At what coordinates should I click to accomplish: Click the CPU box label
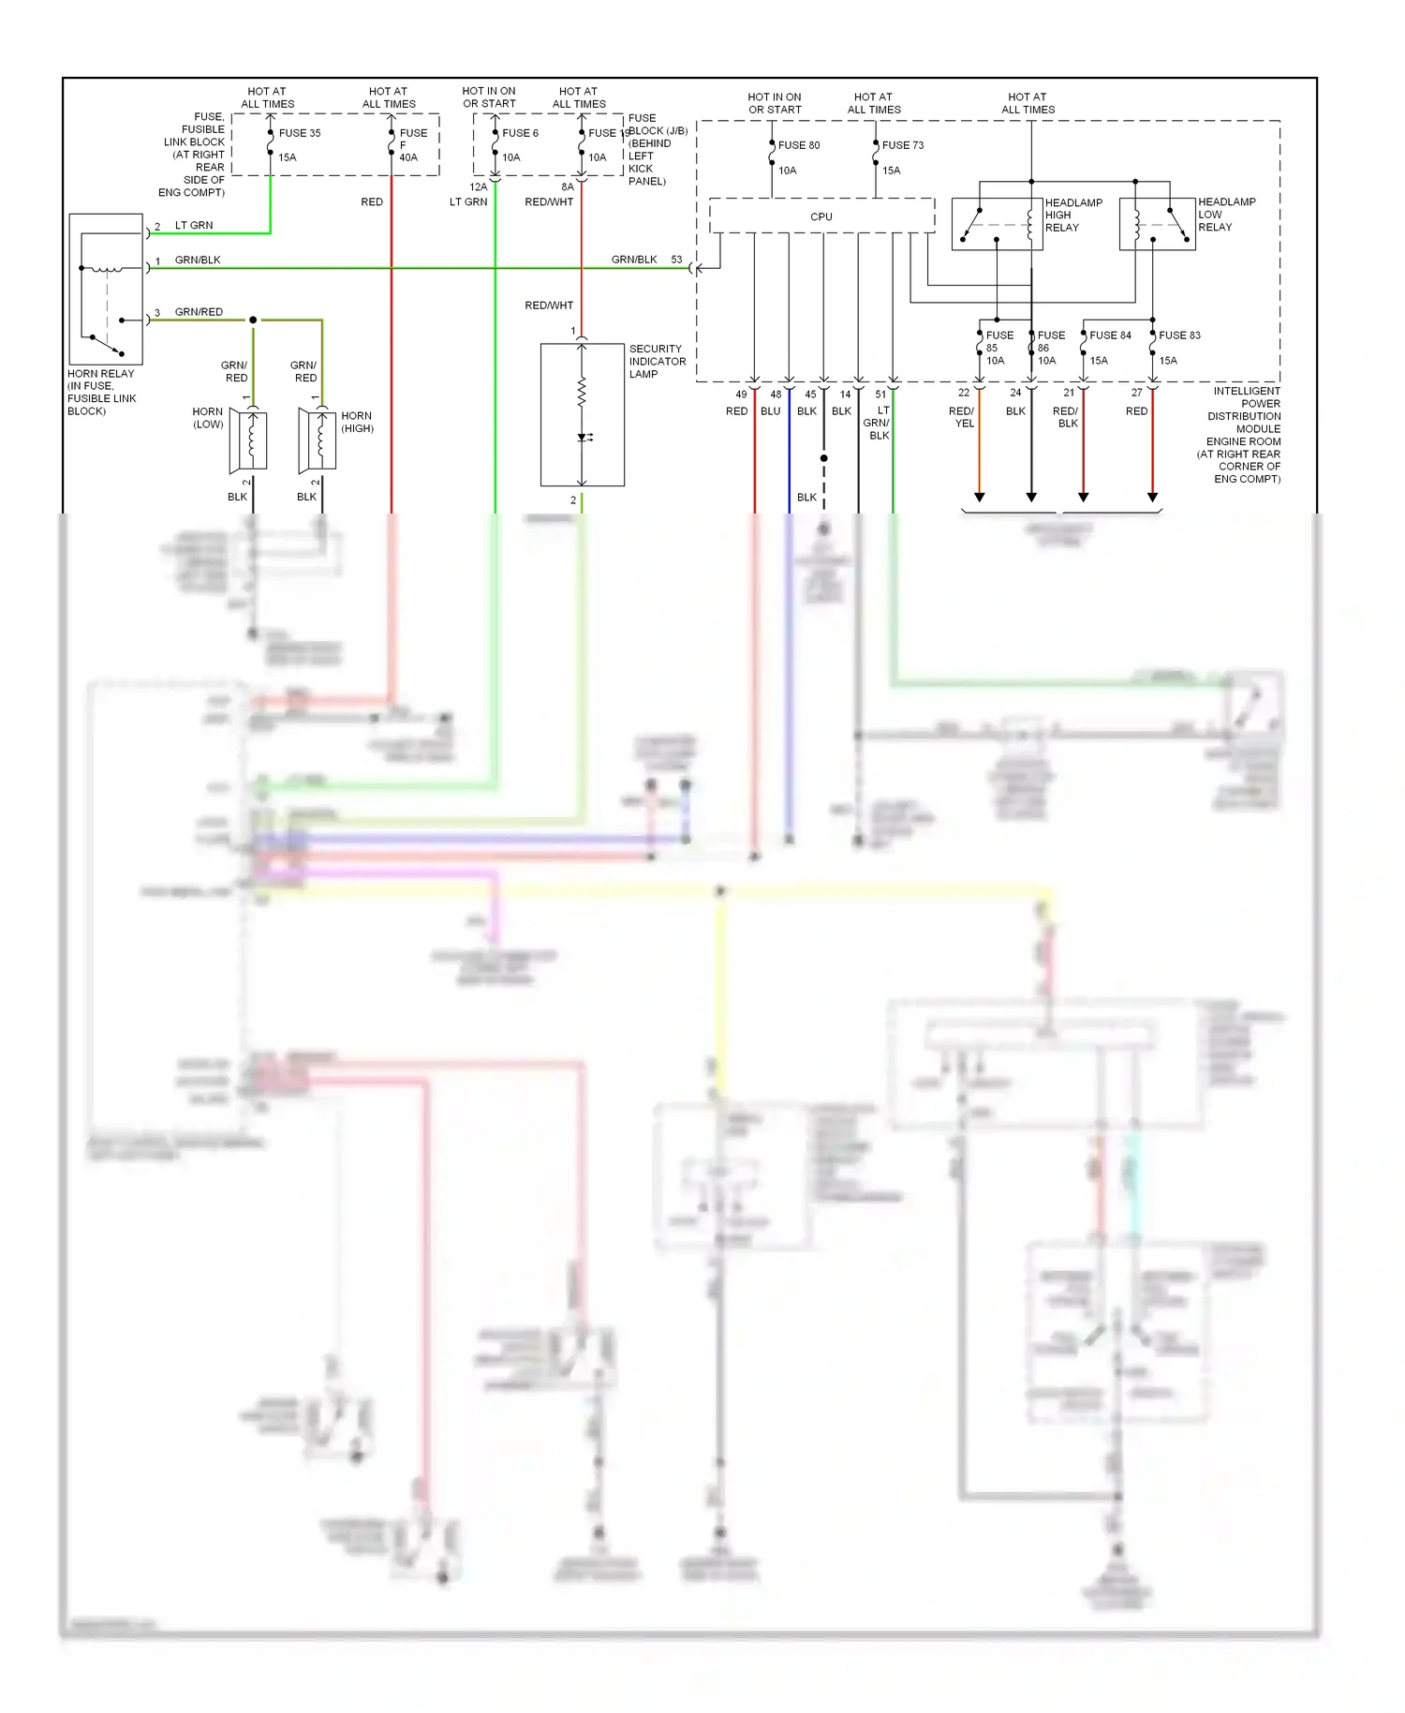tap(821, 216)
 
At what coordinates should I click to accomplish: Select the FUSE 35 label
tap(299, 133)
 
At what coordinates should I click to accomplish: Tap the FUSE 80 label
tap(798, 145)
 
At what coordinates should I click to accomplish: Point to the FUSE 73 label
tap(902, 145)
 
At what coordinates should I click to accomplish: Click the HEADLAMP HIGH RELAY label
tap(1072, 215)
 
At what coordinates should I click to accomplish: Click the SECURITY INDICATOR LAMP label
tap(657, 361)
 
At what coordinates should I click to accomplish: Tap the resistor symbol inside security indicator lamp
tap(582, 392)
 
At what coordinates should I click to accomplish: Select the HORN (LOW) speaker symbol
tap(248, 440)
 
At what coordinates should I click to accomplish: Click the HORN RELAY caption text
tap(101, 392)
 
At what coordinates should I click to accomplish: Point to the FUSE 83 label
tap(1178, 335)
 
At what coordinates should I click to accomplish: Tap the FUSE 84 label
tap(1110, 335)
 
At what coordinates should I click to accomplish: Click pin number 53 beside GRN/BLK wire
tap(676, 260)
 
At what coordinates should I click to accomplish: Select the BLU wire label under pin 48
tap(770, 411)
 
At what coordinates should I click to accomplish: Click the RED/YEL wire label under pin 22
tap(962, 417)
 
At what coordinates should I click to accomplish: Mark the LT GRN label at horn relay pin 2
tap(194, 226)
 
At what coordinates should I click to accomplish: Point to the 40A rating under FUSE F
tap(408, 157)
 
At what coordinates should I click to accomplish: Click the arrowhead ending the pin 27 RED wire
tap(1152, 497)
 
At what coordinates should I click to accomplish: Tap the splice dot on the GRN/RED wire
tap(253, 320)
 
